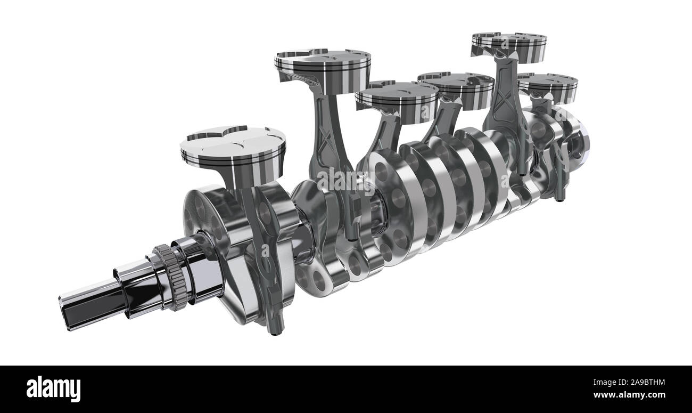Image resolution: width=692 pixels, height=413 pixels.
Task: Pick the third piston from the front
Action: pyautogui.click(x=396, y=101)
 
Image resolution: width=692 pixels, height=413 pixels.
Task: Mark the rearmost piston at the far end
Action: pyautogui.click(x=547, y=86)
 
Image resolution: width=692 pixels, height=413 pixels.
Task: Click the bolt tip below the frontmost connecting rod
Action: pyautogui.click(x=274, y=331)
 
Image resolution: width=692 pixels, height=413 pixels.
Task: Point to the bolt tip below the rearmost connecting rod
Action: pyautogui.click(x=559, y=199)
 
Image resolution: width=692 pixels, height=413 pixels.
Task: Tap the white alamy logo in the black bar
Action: pyautogui.click(x=53, y=389)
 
